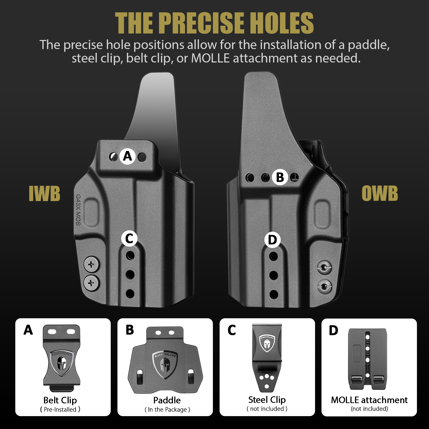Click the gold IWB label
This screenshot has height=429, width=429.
tap(45, 193)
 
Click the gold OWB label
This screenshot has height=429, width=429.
tap(380, 193)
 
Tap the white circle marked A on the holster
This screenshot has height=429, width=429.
tap(128, 156)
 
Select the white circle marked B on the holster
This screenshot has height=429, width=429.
tap(280, 177)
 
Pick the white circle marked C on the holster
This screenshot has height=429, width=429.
tap(129, 238)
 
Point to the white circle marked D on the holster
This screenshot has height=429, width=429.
tap(272, 240)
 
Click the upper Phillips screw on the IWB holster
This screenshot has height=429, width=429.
tap(92, 265)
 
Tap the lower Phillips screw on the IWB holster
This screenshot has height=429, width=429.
tap(92, 283)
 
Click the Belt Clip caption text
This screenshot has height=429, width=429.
tap(60, 400)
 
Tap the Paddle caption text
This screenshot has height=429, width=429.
tap(167, 400)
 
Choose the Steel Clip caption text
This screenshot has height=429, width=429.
tap(267, 400)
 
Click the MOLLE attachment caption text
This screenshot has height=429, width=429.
tap(369, 400)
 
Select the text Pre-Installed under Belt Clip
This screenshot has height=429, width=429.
tap(60, 409)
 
